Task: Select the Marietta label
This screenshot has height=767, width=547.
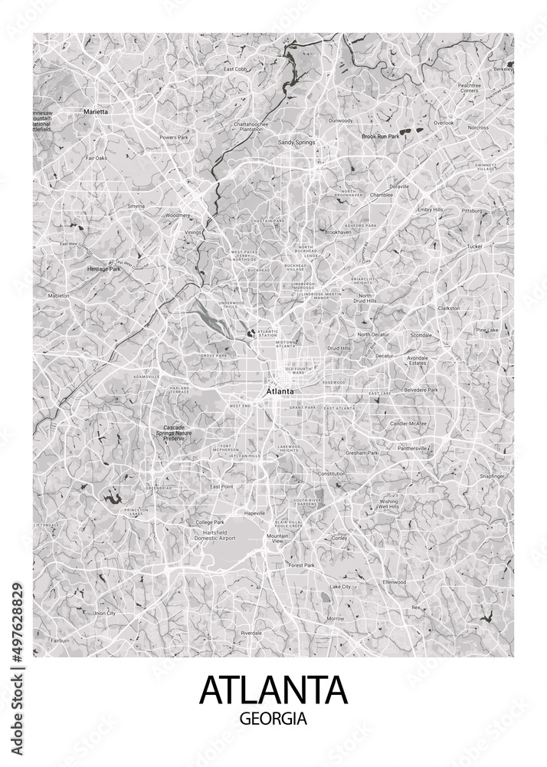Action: [96, 112]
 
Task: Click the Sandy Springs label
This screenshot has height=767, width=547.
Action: [296, 142]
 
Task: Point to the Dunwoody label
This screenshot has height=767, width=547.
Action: [340, 120]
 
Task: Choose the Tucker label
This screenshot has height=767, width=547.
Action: [475, 246]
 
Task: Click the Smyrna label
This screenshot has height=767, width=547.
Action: [136, 206]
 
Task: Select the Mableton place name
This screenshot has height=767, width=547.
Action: [59, 295]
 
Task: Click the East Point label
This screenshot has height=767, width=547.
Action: [221, 487]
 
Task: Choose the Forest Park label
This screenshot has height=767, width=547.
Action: [301, 565]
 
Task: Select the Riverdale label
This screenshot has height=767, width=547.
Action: [251, 633]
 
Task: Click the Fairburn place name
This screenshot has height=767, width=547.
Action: [60, 640]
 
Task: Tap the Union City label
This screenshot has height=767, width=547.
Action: [103, 614]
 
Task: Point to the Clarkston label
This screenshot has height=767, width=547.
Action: [448, 308]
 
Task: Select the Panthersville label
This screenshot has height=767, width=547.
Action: [412, 448]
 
